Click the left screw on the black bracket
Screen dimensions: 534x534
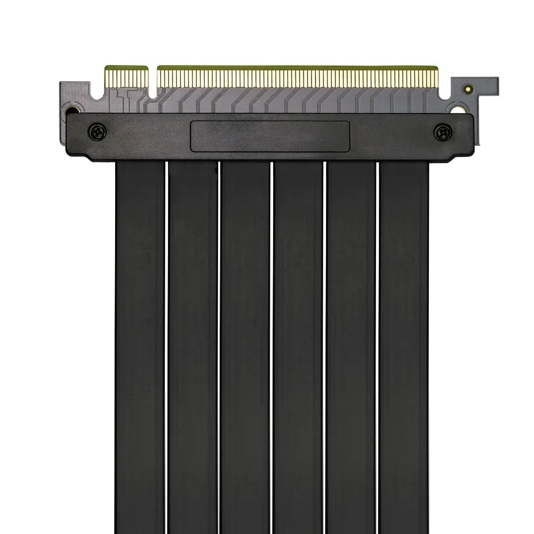(97, 132)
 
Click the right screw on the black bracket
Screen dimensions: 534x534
(442, 132)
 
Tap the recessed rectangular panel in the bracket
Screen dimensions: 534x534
(270, 136)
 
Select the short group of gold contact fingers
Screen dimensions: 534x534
(126, 78)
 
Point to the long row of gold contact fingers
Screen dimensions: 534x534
(297, 78)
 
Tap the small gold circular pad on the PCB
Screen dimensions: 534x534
(468, 88)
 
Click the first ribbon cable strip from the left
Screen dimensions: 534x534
(140, 345)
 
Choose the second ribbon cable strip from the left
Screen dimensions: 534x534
(193, 345)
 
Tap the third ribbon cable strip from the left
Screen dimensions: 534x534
(245, 345)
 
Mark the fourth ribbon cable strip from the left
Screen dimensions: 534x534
(298, 345)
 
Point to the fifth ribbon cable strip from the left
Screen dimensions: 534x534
(351, 345)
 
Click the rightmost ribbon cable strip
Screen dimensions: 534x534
(404, 345)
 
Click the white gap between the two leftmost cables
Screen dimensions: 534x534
(167, 345)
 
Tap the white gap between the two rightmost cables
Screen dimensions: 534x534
(378, 345)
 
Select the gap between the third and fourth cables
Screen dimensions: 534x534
(272, 345)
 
